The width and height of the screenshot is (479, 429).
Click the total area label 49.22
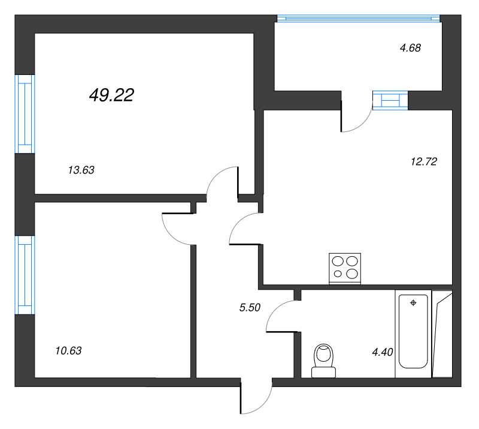[x=111, y=95]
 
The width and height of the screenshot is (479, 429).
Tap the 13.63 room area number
[x=81, y=170]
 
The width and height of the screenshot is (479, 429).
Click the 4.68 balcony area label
[x=411, y=48]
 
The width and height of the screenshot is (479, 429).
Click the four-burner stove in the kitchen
[x=346, y=268]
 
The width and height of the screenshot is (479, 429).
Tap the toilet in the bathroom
[x=324, y=360]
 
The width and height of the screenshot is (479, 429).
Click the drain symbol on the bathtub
[x=413, y=303]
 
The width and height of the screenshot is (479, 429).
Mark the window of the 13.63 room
[x=24, y=113]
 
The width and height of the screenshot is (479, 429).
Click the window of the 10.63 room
[x=24, y=274]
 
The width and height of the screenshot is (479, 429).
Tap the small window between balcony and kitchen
[x=390, y=100]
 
